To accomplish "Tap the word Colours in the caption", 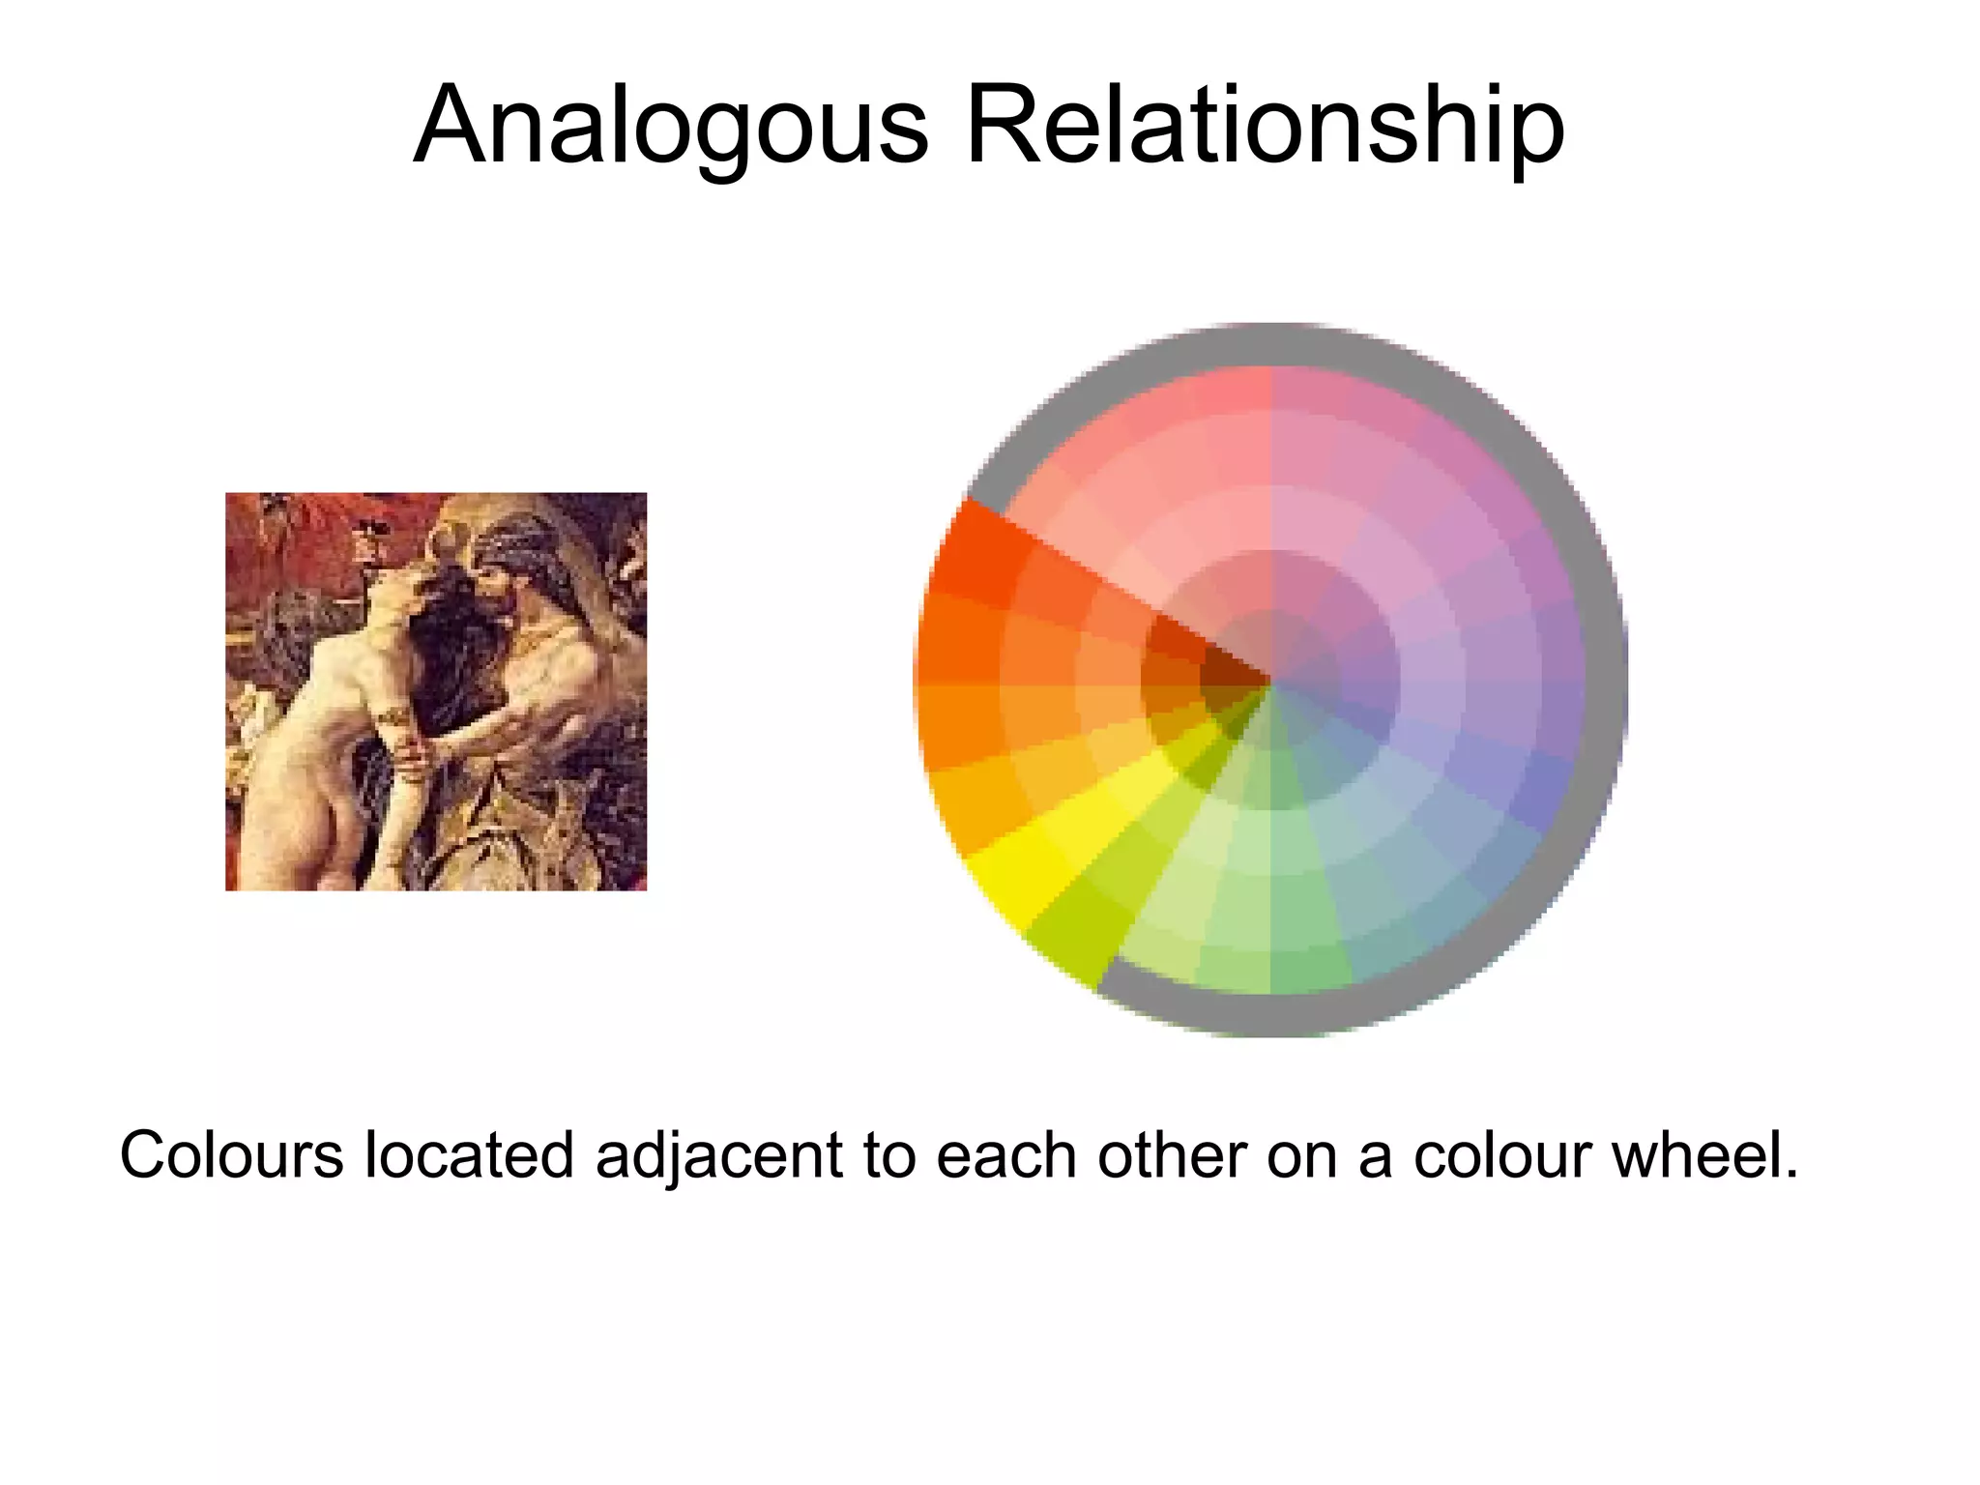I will [x=231, y=1155].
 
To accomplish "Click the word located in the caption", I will [x=469, y=1155].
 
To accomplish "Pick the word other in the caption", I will [x=1172, y=1155].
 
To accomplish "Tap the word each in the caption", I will [x=1005, y=1155].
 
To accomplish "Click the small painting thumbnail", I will [x=436, y=691].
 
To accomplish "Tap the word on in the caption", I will [x=1301, y=1155].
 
